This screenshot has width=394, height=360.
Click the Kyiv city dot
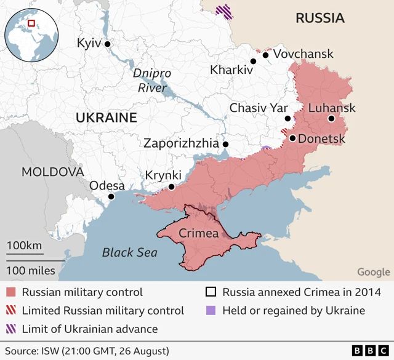coord(108,44)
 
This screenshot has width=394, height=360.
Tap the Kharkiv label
coord(231,70)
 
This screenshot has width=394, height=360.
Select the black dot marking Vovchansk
coord(265,55)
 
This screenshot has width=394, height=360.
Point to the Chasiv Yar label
coord(259,108)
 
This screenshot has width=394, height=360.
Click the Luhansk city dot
coord(331,119)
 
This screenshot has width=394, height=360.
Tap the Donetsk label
coord(321,139)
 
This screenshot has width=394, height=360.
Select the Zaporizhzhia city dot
coord(225,144)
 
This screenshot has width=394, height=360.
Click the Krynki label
coord(163,175)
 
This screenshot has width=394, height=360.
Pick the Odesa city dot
coord(111,197)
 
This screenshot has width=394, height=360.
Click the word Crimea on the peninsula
coord(199,233)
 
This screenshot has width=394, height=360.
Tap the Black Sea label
coord(129,252)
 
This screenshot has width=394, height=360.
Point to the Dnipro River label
coord(151,81)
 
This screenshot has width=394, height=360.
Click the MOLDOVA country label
coord(52,172)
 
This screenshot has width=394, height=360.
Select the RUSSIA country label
coord(320,18)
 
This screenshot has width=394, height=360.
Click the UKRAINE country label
coord(106,118)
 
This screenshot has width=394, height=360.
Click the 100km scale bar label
coord(25,246)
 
